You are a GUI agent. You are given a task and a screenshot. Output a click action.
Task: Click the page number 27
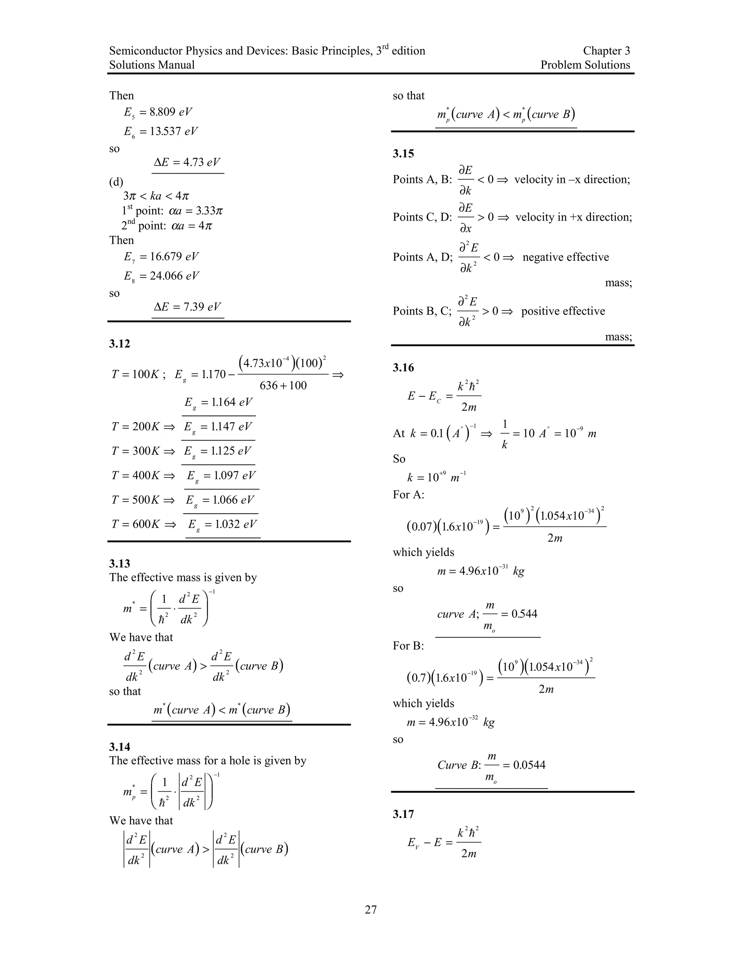click(371, 909)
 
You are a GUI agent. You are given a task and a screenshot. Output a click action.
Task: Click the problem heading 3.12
click(120, 344)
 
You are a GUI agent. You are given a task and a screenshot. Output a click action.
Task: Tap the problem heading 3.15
click(403, 153)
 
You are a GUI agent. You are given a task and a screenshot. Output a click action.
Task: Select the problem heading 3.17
click(403, 814)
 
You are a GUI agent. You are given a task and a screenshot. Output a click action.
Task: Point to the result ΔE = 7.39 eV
click(188, 306)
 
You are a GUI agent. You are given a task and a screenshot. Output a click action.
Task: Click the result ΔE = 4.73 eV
click(188, 162)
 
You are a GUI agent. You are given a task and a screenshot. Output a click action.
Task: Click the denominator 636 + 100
click(283, 385)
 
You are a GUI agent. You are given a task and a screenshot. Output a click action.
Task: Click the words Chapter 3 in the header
click(606, 51)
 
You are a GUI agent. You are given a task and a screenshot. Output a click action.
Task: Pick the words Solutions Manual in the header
click(152, 65)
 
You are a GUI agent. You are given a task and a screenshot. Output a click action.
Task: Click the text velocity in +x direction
click(573, 217)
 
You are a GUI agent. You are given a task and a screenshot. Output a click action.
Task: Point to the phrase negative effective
click(565, 257)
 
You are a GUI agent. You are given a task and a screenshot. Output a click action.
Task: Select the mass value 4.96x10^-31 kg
click(481, 571)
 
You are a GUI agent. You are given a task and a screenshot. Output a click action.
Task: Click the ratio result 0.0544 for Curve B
click(529, 765)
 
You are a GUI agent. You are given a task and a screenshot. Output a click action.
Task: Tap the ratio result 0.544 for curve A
click(524, 614)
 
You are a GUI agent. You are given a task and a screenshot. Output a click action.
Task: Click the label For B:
click(408, 646)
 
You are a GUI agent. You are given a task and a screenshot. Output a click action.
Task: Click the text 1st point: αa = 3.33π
click(172, 210)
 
